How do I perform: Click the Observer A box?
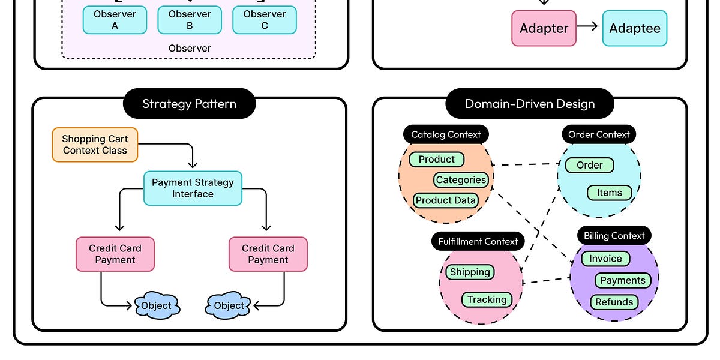(x=115, y=20)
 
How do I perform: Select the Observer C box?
(x=265, y=20)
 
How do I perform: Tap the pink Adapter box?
(x=544, y=28)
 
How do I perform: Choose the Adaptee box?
(x=635, y=28)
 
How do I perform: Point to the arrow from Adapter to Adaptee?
(x=587, y=26)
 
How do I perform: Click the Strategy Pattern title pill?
(x=189, y=104)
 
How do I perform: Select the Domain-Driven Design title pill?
(x=530, y=104)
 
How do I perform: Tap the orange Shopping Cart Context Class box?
(x=95, y=145)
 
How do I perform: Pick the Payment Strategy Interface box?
(x=193, y=188)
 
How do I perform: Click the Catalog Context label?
(x=446, y=134)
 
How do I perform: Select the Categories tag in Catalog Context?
(x=461, y=179)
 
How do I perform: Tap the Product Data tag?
(x=446, y=200)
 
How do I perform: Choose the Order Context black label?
(x=599, y=134)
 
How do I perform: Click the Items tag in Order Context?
(x=609, y=193)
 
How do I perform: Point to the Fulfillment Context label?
(x=478, y=241)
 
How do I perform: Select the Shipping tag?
(x=470, y=272)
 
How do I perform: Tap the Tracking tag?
(x=487, y=299)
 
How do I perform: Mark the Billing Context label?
(x=614, y=236)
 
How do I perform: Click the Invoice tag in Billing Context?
(x=605, y=259)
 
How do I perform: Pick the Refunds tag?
(x=614, y=302)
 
